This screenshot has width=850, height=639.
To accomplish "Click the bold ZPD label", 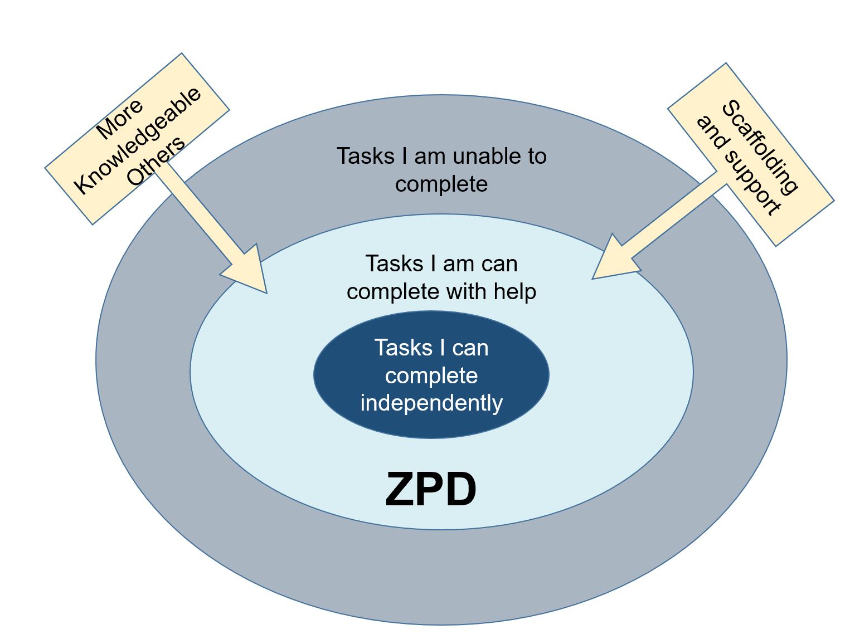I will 430,490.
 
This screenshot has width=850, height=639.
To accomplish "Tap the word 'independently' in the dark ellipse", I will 431,403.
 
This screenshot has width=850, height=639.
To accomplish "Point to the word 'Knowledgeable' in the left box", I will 138,140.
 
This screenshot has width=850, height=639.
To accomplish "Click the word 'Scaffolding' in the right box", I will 760,148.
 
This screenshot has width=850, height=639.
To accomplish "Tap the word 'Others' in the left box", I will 156,161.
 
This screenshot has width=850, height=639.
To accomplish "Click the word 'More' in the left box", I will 120,119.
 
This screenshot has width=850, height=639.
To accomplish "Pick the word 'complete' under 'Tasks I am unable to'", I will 441,184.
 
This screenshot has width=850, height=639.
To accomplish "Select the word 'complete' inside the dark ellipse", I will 431,375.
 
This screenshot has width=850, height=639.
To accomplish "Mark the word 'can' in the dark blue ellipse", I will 470,348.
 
